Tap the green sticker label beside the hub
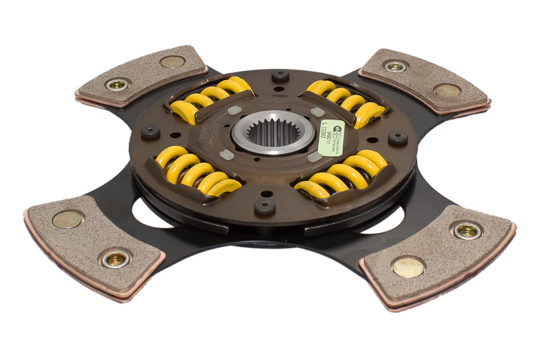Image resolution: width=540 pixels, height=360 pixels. pyautogui.click(x=331, y=137)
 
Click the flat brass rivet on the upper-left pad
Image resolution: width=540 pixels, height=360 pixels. pyautogui.click(x=172, y=61)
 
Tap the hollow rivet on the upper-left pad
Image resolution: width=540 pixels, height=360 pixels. pyautogui.click(x=117, y=84)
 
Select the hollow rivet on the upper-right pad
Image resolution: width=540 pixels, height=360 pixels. pyautogui.click(x=396, y=66)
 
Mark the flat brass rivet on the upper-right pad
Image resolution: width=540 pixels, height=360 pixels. pyautogui.click(x=448, y=91)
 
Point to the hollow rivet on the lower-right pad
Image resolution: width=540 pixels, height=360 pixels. pyautogui.click(x=466, y=230)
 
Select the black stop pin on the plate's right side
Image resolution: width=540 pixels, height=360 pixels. pyautogui.click(x=398, y=138)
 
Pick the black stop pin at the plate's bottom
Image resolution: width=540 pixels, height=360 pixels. pyautogui.click(x=264, y=205)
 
